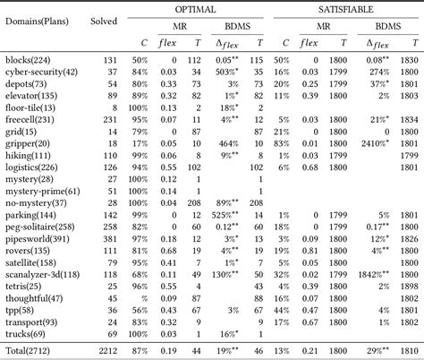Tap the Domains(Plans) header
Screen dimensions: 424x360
(40, 20)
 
